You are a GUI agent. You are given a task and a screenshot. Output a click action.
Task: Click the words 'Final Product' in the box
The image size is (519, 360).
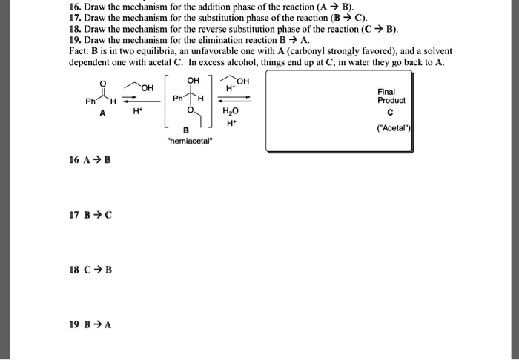click(391, 96)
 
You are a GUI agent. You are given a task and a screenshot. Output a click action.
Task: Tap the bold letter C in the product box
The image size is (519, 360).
click(391, 113)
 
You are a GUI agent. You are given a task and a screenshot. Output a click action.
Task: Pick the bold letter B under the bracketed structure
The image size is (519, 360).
click(187, 132)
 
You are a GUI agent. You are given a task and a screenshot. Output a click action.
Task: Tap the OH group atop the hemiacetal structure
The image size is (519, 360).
click(193, 81)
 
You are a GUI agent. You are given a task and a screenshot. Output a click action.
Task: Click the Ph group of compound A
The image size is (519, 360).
click(92, 101)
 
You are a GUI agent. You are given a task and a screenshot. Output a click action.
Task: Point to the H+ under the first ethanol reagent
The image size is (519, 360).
click(137, 114)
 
